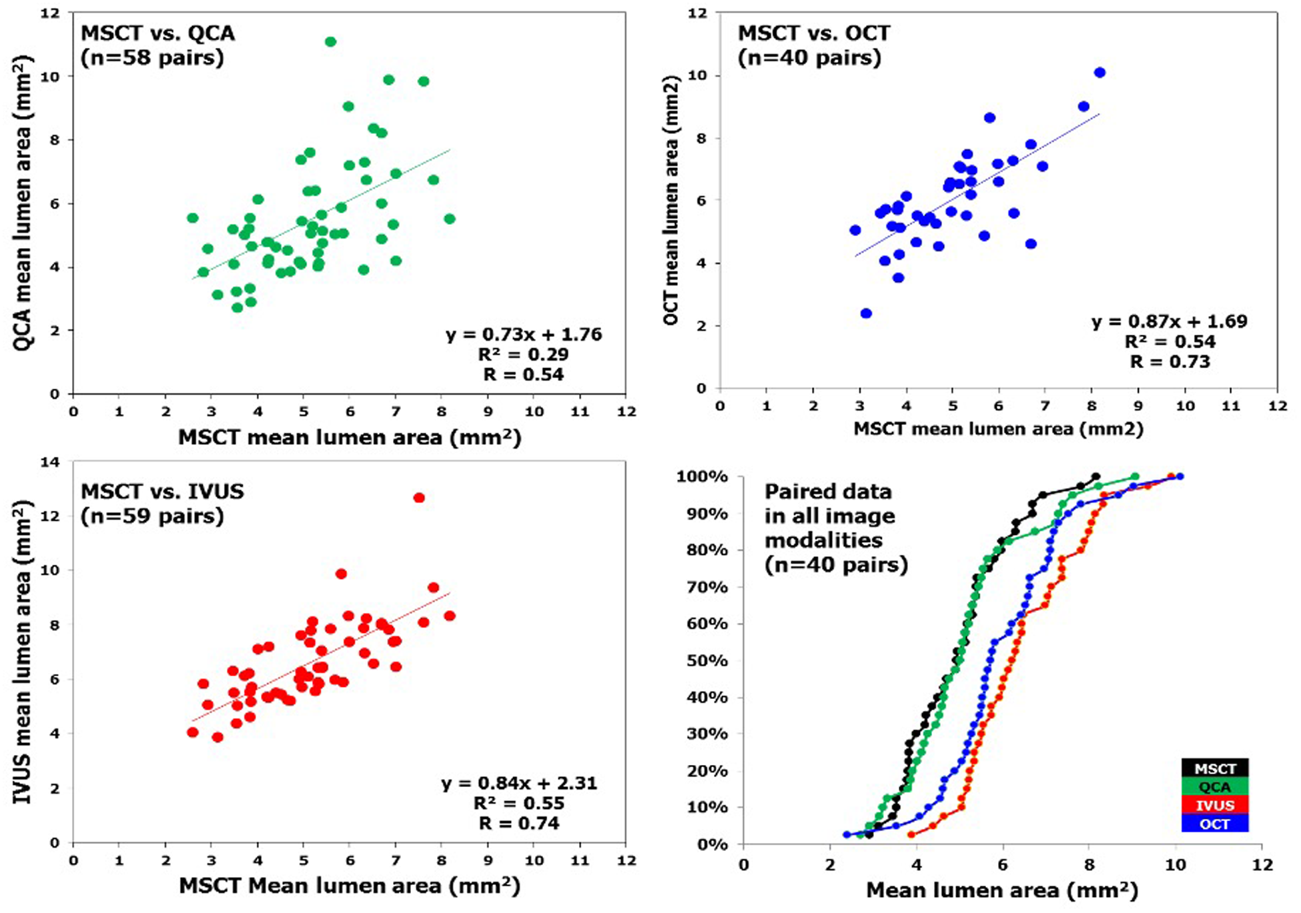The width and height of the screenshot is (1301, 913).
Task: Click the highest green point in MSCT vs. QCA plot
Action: (330, 42)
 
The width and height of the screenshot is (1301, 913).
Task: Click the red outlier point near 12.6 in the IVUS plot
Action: (419, 498)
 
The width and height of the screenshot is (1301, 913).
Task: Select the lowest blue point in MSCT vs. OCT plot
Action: (866, 313)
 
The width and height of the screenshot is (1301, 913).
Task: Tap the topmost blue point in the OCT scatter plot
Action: (1100, 73)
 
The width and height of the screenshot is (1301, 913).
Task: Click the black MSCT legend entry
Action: (1214, 768)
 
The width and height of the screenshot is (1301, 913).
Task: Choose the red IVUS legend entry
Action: (1214, 805)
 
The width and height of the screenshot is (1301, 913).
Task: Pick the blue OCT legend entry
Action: (1214, 824)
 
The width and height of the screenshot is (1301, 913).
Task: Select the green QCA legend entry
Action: (1214, 787)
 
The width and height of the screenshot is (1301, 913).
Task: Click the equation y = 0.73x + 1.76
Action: (524, 334)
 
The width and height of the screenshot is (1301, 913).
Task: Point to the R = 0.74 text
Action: (519, 823)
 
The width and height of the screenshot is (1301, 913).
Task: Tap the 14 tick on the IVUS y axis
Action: (51, 462)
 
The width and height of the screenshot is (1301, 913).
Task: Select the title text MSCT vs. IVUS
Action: (162, 492)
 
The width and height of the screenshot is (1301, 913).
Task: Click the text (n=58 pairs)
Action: (152, 57)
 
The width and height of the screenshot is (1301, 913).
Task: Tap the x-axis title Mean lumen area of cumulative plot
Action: (1001, 890)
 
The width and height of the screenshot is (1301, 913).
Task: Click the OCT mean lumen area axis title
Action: (671, 200)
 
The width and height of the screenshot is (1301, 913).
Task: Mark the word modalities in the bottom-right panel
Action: (823, 540)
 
